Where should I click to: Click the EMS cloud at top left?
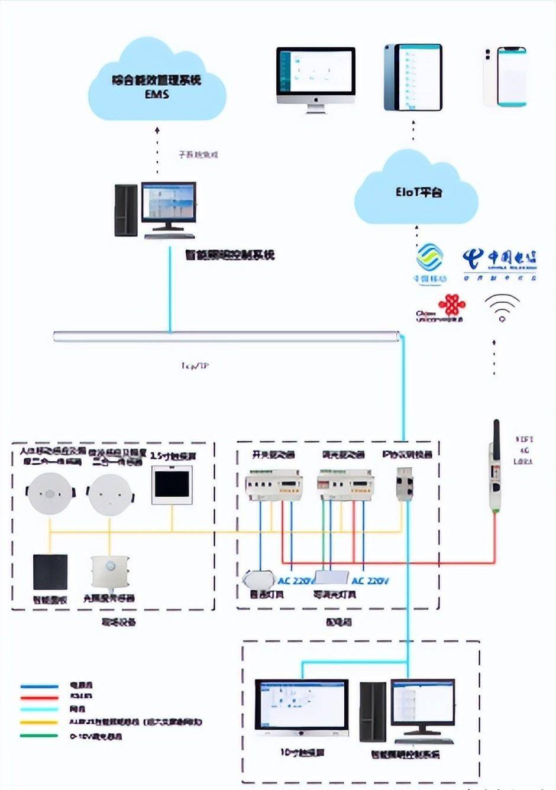[157, 83]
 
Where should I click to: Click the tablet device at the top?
[413, 77]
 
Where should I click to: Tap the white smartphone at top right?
[505, 77]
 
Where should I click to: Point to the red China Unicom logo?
[452, 306]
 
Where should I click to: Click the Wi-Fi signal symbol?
[502, 307]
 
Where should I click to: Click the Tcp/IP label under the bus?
[195, 366]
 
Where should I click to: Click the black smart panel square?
[50, 572]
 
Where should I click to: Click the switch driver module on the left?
[274, 485]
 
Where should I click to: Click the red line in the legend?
[40, 697]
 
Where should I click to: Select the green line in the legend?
[40, 736]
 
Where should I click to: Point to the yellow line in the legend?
[40, 722]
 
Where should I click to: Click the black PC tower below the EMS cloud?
[126, 210]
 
